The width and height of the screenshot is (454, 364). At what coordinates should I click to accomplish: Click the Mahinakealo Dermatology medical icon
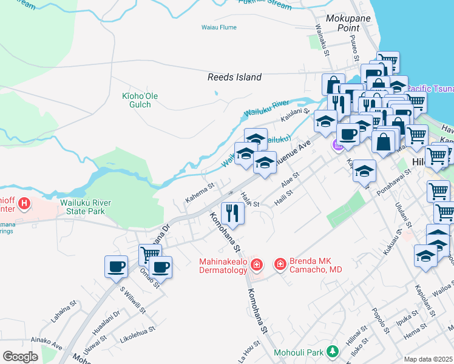tap(257, 264)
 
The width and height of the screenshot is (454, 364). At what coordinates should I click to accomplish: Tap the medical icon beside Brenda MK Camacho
tap(280, 264)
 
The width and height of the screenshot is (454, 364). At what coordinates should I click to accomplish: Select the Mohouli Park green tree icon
tap(332, 351)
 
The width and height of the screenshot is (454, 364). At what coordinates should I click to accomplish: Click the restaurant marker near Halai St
tap(232, 213)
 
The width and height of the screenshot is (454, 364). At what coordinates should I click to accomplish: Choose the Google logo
tap(21, 357)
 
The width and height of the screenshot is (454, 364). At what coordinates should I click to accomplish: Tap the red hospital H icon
tap(24, 203)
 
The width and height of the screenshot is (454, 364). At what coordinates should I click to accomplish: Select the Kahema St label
tap(200, 194)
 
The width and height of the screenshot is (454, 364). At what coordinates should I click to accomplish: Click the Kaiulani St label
tap(296, 112)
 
